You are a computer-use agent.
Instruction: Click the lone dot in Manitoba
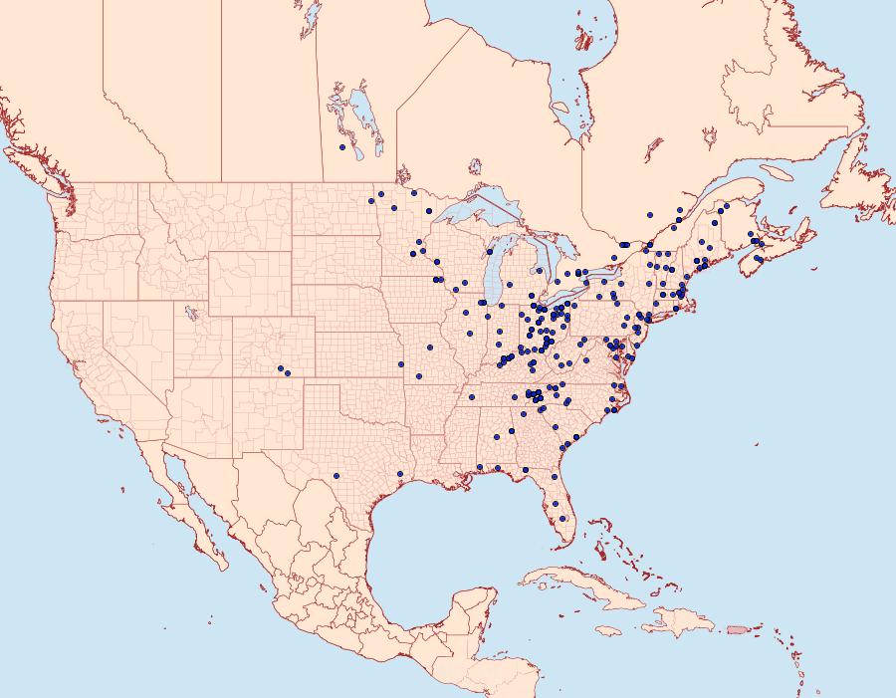point(342,147)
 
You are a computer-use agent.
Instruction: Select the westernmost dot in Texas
point(337,475)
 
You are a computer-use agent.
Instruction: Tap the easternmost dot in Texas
point(399,474)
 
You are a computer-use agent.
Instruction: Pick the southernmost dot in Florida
point(564,518)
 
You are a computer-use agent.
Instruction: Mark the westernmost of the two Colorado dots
point(280,367)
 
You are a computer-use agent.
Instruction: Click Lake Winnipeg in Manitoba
point(364,115)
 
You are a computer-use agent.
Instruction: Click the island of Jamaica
point(610,630)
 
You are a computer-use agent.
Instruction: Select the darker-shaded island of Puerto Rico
point(738,629)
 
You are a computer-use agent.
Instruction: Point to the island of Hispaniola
point(677,621)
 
